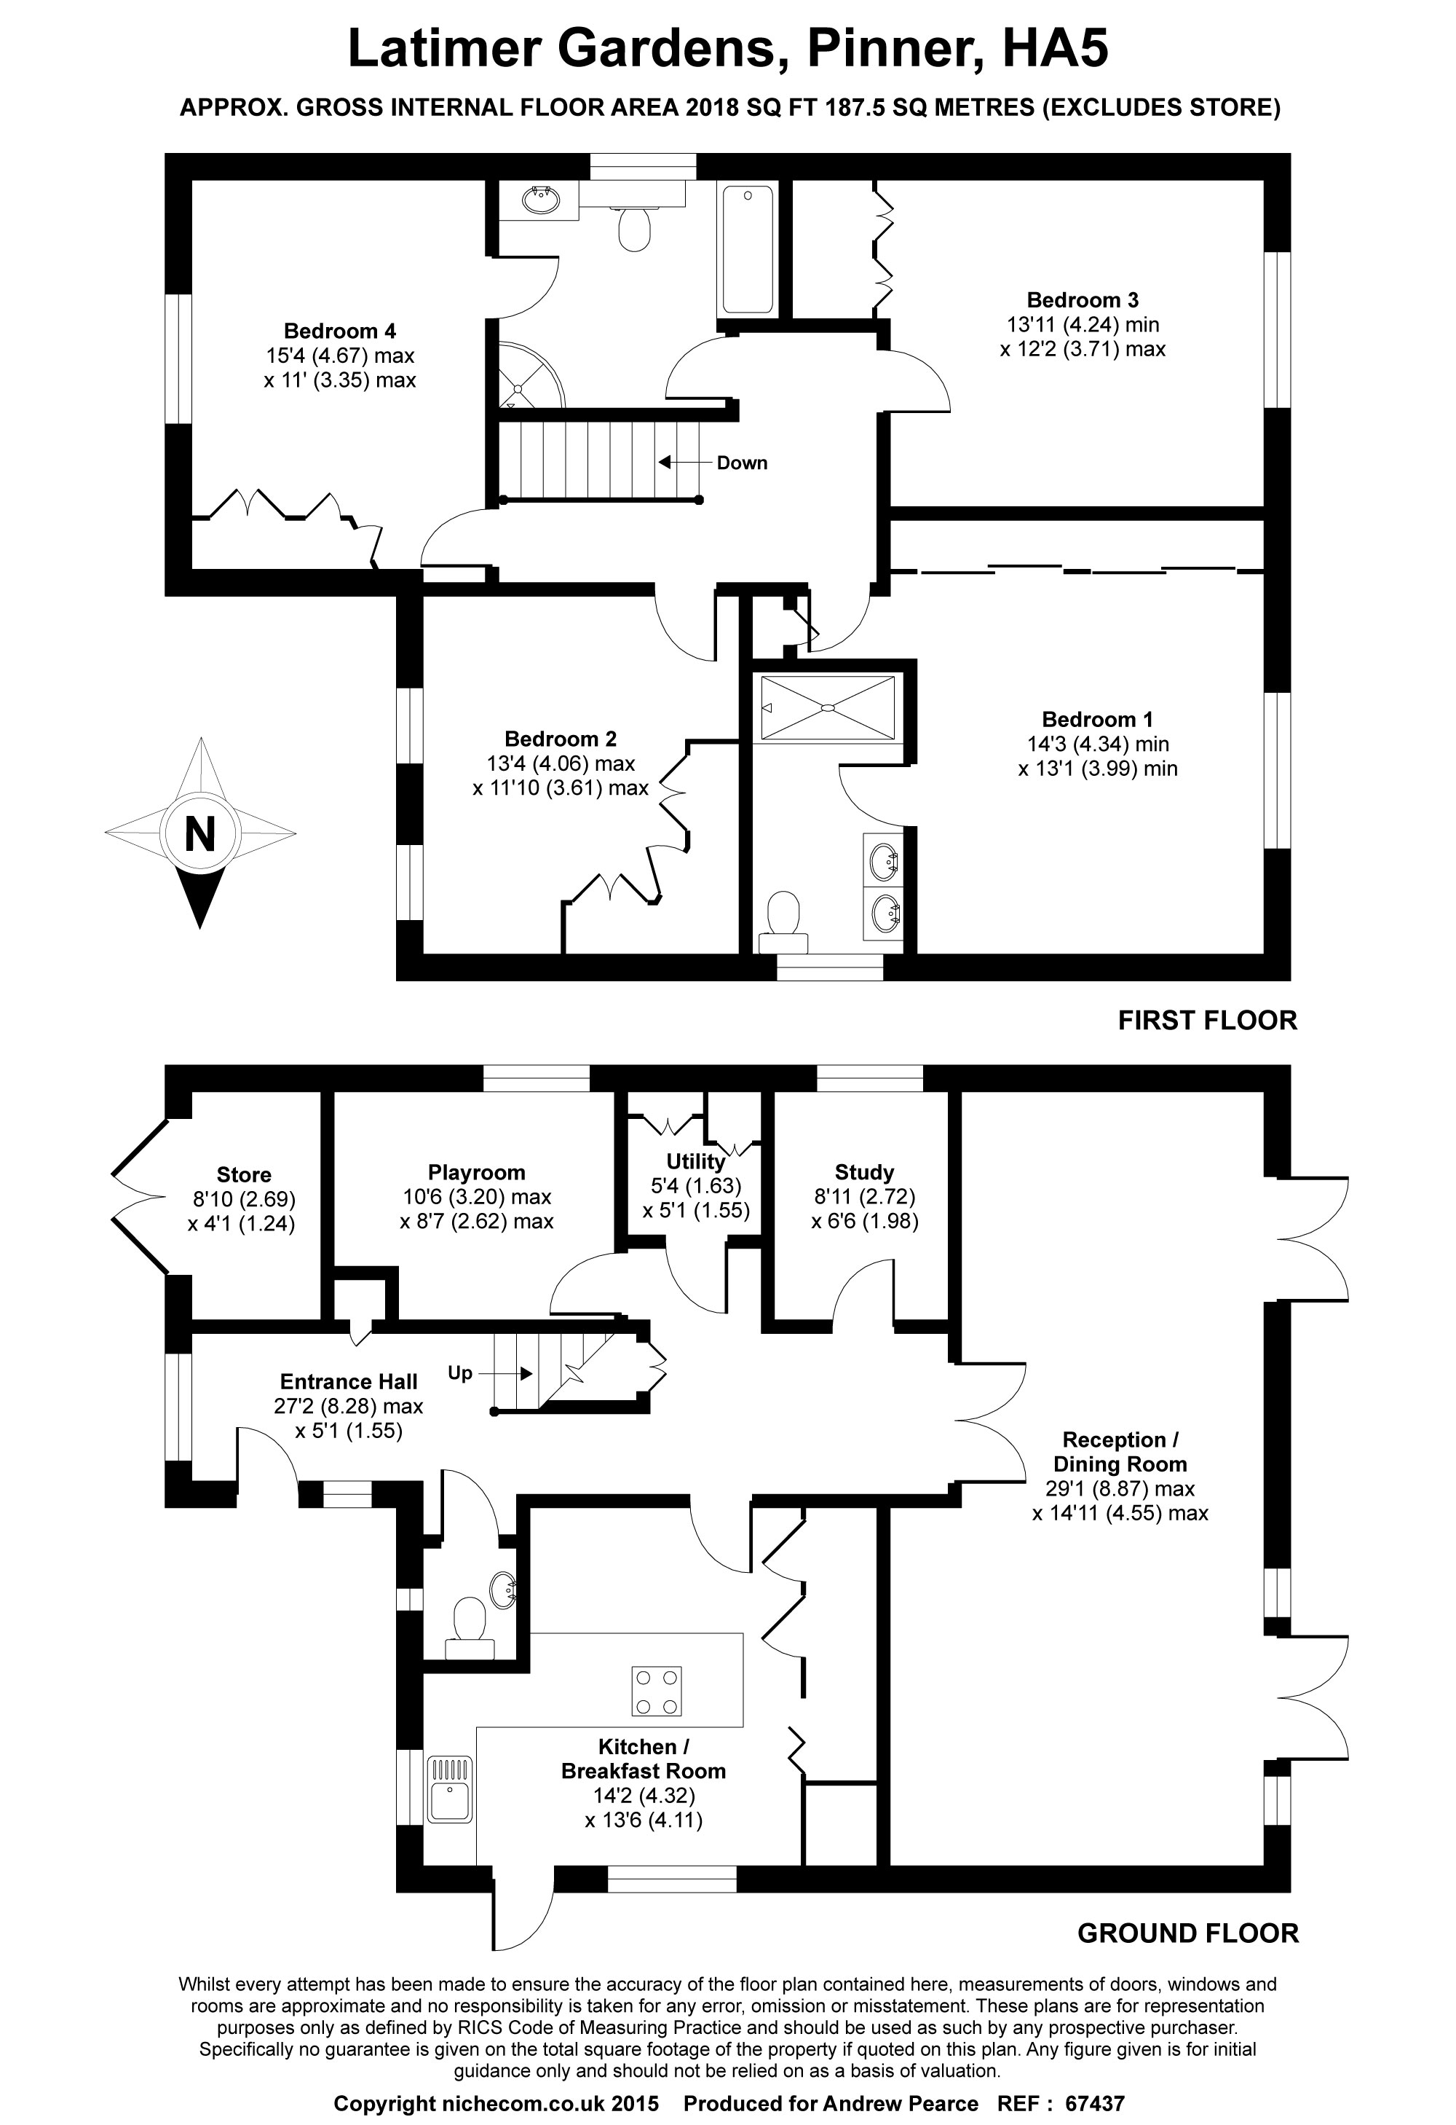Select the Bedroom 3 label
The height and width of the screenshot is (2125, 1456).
pos(1083,300)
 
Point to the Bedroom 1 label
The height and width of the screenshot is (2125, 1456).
pos(1097,720)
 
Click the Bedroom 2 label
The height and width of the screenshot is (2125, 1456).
pos(561,739)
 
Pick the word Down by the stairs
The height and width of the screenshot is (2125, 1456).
pos(741,463)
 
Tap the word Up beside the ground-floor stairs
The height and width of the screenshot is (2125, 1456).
pos(460,1372)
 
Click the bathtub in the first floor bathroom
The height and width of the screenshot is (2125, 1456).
pos(748,248)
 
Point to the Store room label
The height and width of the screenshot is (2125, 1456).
pos(244,1175)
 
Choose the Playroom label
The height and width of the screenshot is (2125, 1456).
pos(476,1173)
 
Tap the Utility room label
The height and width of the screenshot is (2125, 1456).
pos(695,1162)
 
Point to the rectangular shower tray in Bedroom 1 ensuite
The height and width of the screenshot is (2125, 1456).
pos(827,707)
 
